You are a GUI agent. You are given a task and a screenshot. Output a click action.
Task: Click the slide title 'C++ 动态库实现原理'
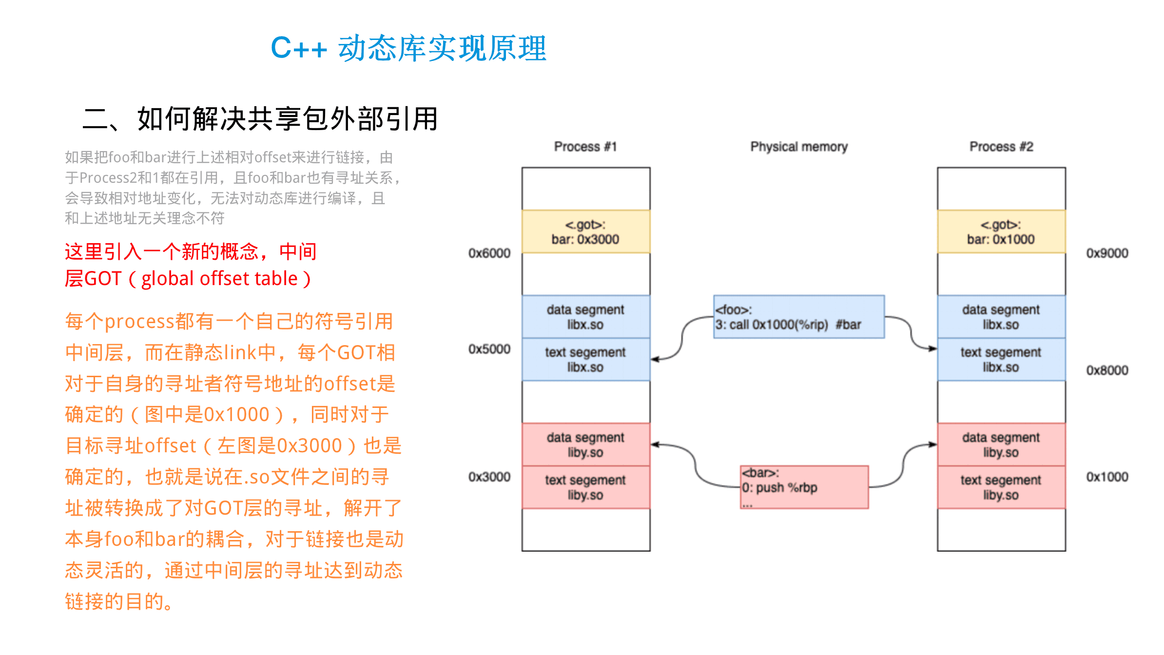(408, 48)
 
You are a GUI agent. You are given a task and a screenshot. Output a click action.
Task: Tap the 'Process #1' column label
(585, 147)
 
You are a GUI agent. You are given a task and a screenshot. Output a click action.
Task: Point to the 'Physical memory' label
(799, 147)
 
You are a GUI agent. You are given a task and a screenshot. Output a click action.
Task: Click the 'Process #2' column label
(1001, 147)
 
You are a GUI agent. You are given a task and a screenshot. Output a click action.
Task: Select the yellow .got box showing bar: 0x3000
(585, 232)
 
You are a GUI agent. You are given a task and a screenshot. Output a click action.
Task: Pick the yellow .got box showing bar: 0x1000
(1001, 232)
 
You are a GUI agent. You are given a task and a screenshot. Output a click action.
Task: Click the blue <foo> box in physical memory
(799, 317)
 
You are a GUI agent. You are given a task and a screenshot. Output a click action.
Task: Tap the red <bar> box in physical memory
(804, 487)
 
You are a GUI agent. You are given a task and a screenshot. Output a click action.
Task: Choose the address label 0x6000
(489, 253)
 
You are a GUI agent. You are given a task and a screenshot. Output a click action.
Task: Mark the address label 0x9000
(1107, 253)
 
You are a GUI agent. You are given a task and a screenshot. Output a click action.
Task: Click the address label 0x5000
(489, 349)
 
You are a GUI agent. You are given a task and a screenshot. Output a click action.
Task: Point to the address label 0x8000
(1107, 370)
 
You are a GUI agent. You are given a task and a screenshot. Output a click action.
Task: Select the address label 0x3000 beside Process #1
(489, 477)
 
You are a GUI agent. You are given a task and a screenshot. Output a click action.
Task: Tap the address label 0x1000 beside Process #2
(1107, 477)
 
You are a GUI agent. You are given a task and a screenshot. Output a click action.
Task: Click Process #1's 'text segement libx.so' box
(585, 360)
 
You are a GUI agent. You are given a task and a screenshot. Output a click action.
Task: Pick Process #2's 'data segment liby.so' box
(1001, 445)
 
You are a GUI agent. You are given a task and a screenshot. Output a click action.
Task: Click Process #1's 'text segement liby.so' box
(585, 487)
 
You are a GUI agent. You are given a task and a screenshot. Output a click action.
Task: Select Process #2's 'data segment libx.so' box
(1001, 317)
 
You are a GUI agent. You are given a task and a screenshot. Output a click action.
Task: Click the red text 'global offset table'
(219, 279)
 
